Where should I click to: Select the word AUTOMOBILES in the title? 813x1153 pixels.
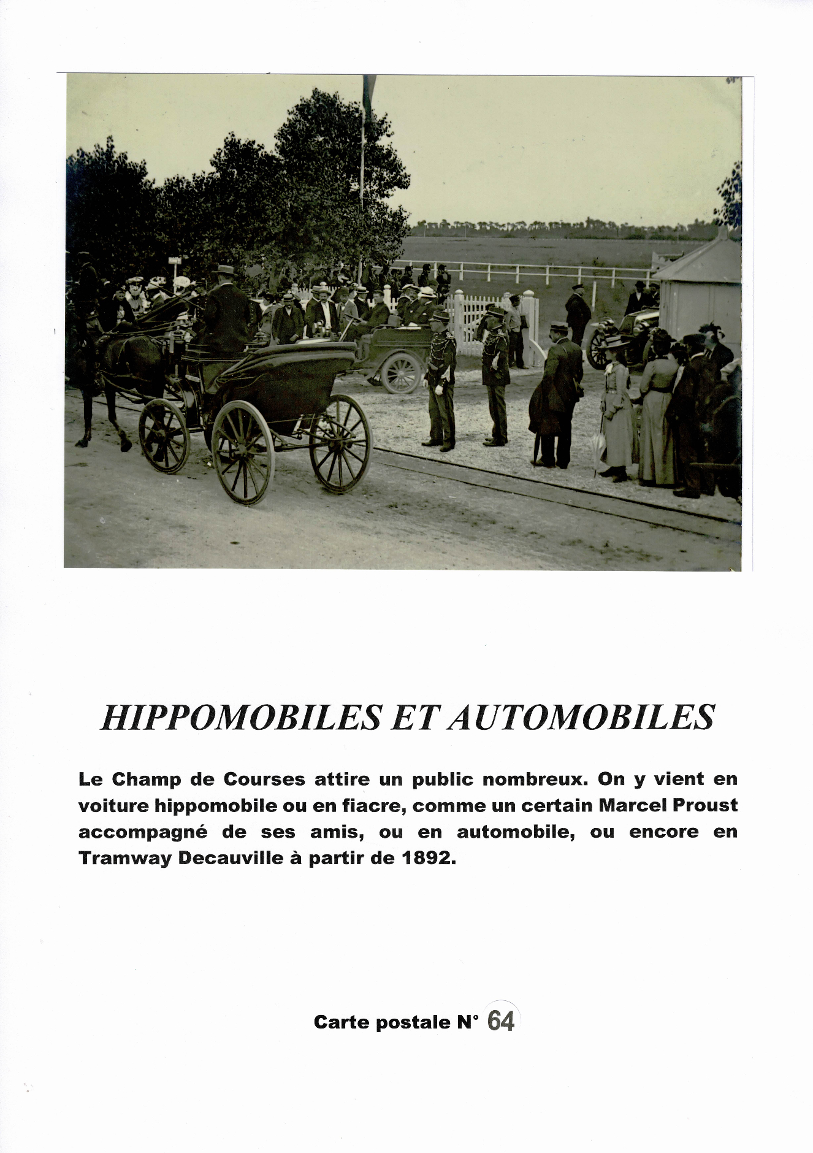581,717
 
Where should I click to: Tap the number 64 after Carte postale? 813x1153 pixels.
500,1021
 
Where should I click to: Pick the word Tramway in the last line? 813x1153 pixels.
124,858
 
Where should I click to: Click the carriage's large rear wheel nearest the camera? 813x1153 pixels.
243,453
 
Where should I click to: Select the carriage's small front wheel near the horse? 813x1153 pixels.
164,435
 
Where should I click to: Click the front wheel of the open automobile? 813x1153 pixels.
402,372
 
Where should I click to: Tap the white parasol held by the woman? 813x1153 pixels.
598,447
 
